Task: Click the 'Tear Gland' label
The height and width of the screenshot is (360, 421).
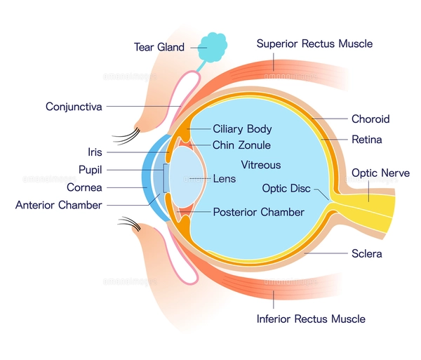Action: coord(159,47)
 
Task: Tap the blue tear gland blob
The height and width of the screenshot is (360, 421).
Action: coord(213,46)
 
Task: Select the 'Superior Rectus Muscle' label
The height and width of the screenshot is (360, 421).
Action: coord(314,44)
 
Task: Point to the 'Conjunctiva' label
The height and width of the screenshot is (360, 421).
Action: coord(74,107)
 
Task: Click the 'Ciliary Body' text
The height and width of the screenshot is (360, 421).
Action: coord(242,129)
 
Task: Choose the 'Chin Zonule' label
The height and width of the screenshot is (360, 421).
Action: coord(241,145)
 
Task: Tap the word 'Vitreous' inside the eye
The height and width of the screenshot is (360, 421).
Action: coord(260,165)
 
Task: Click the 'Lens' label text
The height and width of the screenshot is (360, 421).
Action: coord(225,179)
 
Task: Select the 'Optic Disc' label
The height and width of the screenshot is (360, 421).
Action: coord(286,188)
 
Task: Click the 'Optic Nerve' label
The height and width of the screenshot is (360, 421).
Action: coord(379,172)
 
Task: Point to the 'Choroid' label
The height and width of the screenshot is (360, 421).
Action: coord(370,119)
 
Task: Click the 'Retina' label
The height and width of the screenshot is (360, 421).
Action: coord(366,140)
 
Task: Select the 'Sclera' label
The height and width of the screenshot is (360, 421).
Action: coord(366,253)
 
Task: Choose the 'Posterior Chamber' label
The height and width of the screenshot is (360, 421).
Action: coord(258,212)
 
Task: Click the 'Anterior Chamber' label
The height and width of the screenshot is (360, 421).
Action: coord(59,205)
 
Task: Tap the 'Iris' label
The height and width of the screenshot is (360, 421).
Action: coord(95,151)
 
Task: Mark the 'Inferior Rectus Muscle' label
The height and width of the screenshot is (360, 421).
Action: coord(311,319)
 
